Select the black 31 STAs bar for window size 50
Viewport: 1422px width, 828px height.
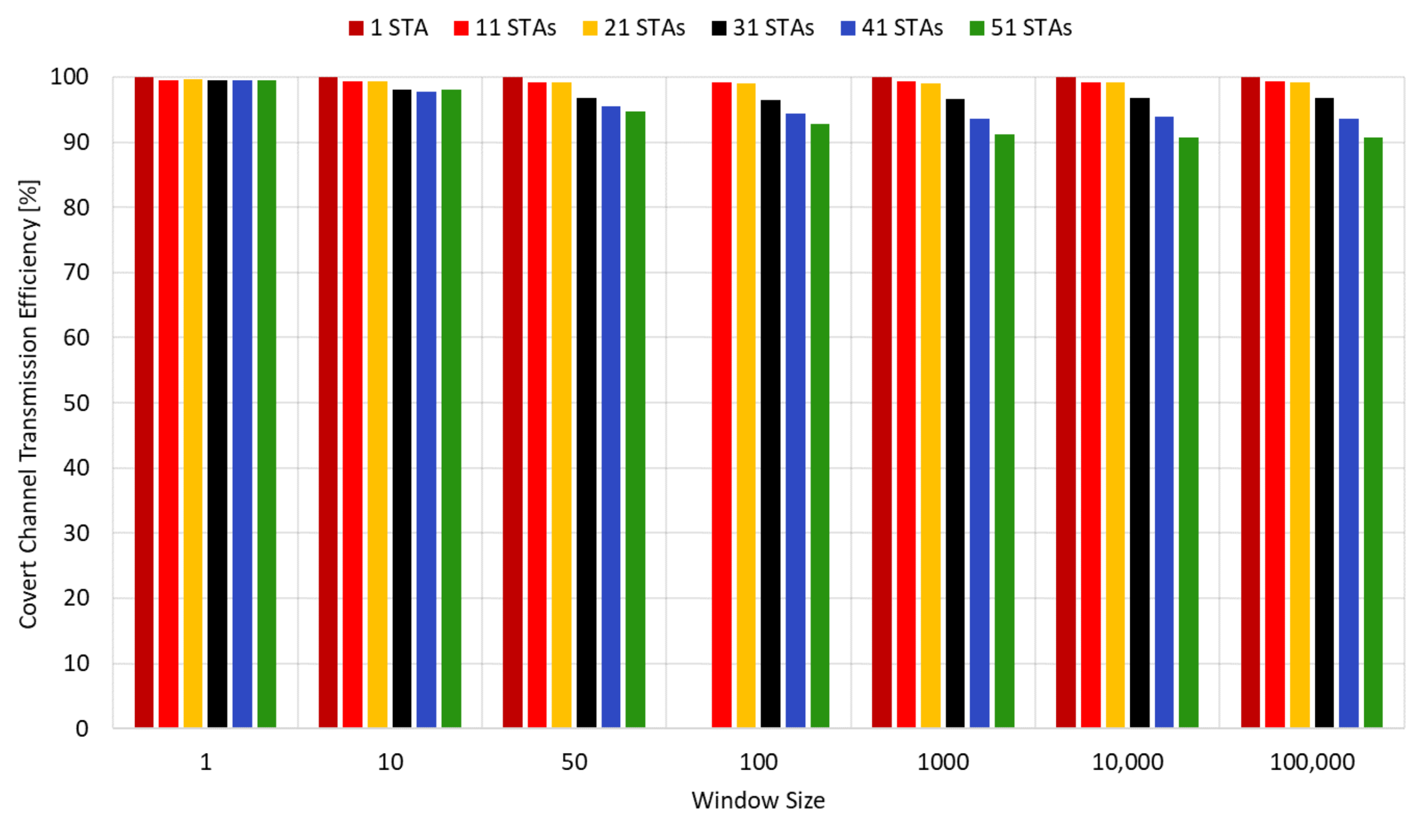coord(586,412)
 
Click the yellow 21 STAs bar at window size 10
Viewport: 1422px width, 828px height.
coord(377,404)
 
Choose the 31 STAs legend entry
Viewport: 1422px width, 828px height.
coord(762,28)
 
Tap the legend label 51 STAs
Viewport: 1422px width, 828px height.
coord(1031,28)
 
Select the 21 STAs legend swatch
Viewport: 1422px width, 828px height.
coord(590,28)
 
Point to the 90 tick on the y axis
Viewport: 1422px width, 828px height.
coord(76,142)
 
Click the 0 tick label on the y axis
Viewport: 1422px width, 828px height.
coord(82,729)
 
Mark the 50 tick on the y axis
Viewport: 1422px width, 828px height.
coord(76,403)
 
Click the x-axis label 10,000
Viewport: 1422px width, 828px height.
coord(1127,762)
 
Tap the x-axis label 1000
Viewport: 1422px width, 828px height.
coord(943,762)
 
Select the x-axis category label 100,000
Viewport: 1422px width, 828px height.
coord(1312,762)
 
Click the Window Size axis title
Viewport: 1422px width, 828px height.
coord(758,800)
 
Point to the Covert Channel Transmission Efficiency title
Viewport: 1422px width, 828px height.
coord(28,403)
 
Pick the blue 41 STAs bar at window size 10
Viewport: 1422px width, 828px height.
coord(426,409)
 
